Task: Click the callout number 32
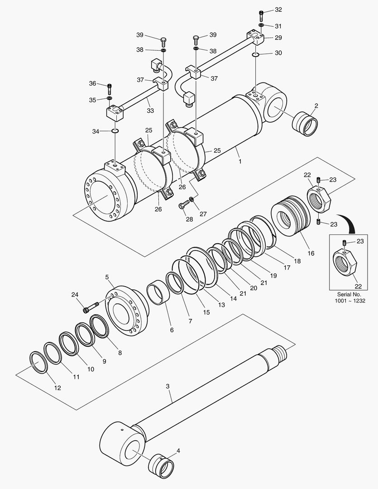point(278,10)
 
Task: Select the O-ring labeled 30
point(255,55)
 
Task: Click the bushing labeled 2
point(305,124)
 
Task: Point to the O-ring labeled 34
point(115,130)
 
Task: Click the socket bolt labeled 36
point(110,89)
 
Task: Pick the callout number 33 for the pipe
point(150,110)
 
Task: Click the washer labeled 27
point(191,199)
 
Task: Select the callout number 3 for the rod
point(167,386)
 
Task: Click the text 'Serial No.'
point(349,294)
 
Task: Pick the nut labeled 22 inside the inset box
point(345,263)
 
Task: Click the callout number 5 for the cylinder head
point(107,277)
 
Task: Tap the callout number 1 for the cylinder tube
point(240,162)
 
